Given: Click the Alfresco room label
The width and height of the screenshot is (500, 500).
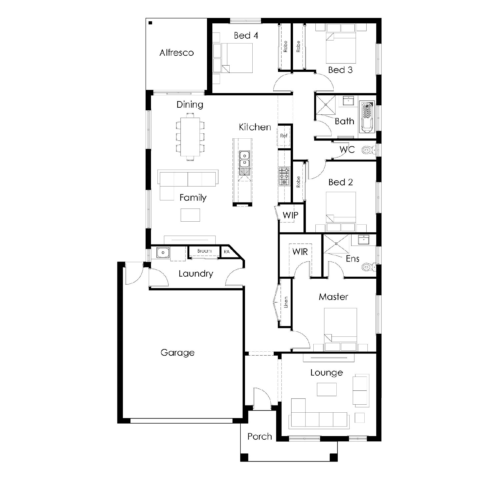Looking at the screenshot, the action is point(177,53).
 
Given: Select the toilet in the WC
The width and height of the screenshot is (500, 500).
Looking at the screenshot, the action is point(369,150).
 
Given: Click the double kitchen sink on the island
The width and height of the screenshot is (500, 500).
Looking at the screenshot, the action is point(244,159).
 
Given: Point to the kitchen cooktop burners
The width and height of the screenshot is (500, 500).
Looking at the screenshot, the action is point(284,176).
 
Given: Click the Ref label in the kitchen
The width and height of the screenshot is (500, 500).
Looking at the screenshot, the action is point(284,136).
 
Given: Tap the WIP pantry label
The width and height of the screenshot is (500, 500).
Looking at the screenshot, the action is point(290,215).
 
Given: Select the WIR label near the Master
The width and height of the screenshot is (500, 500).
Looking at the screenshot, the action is point(300,252).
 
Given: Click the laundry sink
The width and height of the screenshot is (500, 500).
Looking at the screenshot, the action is point(163,253).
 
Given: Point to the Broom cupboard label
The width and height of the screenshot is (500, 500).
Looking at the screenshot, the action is point(204,251).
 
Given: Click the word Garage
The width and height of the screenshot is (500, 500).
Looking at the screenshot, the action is point(177,353).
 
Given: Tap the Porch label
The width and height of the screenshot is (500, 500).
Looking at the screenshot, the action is point(260,436).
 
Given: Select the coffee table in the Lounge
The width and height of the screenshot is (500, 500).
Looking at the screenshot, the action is point(327,389).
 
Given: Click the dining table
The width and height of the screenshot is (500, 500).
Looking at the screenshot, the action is point(190,137).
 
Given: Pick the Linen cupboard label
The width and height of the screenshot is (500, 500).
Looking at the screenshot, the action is point(286,302).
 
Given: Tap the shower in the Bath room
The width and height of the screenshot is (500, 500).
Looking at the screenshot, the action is point(326,105).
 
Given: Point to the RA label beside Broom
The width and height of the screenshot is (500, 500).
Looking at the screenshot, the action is point(227,252).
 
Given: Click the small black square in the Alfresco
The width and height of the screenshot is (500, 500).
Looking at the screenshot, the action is point(150,23).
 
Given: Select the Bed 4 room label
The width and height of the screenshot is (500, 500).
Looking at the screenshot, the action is point(246,35).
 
